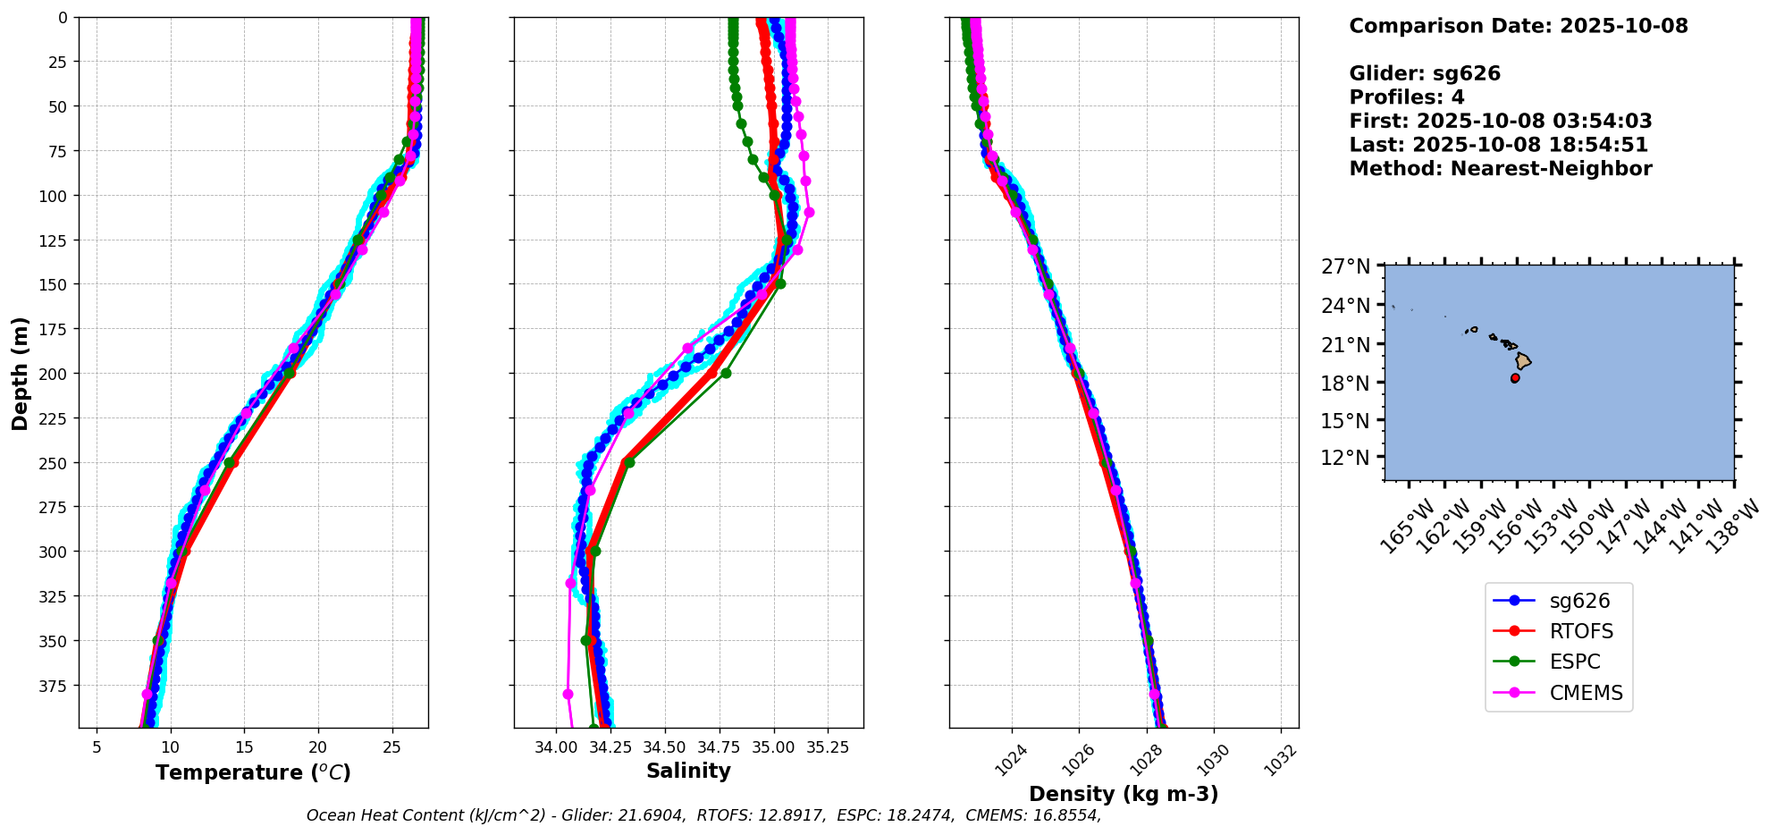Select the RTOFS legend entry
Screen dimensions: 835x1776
point(1581,631)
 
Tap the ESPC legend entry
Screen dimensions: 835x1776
point(1574,662)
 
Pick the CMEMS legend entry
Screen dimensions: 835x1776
point(1586,693)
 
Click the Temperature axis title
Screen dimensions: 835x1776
point(253,772)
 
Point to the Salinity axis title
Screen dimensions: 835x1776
point(688,771)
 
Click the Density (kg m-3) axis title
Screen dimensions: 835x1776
point(1124,794)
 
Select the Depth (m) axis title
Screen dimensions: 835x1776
point(21,373)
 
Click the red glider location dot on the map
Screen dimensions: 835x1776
point(1515,378)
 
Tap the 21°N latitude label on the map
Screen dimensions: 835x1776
point(1346,345)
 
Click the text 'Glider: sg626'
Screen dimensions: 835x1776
point(1425,73)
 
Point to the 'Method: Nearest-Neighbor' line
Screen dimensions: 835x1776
point(1500,168)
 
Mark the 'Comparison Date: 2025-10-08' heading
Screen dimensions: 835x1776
point(1518,26)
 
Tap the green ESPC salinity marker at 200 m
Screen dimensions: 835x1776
point(726,373)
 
